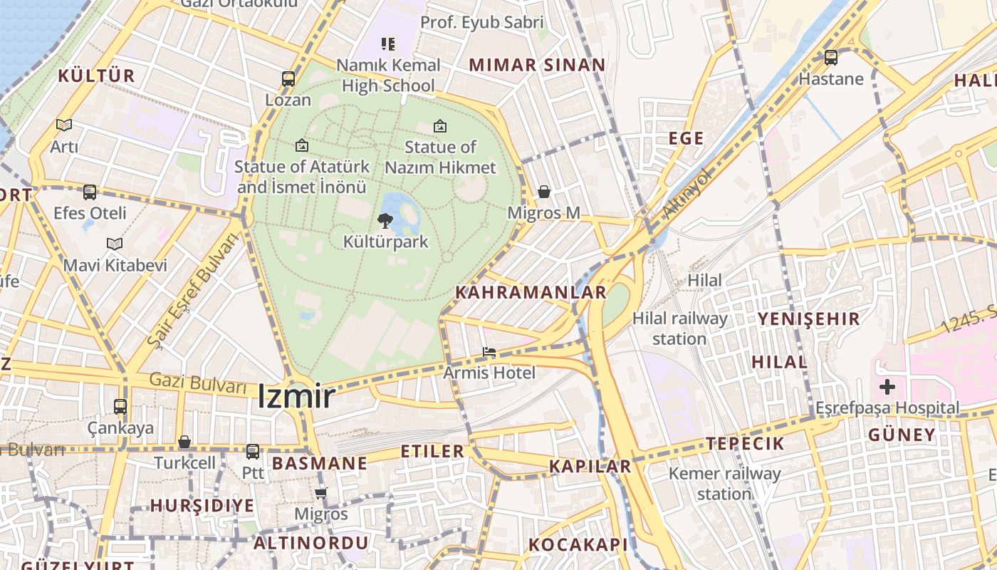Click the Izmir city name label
click(x=296, y=396)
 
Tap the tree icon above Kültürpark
click(x=385, y=220)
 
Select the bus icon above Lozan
click(x=288, y=78)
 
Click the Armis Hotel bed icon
click(x=489, y=352)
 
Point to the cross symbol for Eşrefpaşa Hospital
click(x=887, y=387)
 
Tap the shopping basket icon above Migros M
click(x=544, y=192)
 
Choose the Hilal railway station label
click(x=679, y=328)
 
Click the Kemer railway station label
click(x=725, y=483)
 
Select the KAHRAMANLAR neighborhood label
click(x=531, y=292)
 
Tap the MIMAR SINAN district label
click(x=537, y=65)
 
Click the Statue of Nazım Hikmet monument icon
click(x=440, y=126)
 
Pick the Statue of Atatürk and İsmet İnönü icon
click(x=302, y=145)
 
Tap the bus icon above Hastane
click(x=830, y=57)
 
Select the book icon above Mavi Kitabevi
click(x=115, y=244)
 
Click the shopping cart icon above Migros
click(x=321, y=493)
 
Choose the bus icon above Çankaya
click(x=120, y=407)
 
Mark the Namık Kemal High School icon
click(x=387, y=44)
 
